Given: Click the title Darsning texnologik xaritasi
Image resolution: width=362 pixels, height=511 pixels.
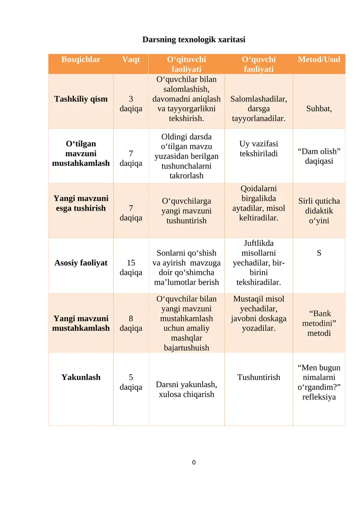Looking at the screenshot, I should pos(194,40).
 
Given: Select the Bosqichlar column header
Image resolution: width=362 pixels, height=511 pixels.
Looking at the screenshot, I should pos(81,59).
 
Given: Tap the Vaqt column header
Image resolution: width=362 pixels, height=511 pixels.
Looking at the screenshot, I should pos(131,59).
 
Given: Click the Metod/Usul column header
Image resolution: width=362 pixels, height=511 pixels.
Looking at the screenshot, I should pos(319,59).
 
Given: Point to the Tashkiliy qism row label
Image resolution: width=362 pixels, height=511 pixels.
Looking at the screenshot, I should pos(81,98).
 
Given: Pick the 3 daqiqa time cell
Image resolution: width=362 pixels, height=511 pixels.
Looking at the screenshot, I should pos(131,103).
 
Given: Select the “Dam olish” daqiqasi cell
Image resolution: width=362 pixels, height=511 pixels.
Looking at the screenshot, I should pos(319,156).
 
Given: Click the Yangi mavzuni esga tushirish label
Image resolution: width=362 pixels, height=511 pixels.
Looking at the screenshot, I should pos(81,203).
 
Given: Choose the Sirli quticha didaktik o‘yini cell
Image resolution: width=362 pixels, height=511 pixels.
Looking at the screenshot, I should pos(319,211).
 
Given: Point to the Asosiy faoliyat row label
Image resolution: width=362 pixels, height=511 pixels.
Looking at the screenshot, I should pos(81,263).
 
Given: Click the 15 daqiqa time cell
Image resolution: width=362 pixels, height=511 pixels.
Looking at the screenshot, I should pos(131,267).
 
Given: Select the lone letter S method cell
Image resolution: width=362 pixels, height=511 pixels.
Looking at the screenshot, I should pos(319,253).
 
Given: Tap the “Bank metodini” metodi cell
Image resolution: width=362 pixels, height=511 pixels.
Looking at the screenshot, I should pos(319,323).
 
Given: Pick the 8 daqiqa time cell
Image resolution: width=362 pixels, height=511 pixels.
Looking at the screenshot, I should pos(131,323).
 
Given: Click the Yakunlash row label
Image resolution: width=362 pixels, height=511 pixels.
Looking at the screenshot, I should pos(81,377).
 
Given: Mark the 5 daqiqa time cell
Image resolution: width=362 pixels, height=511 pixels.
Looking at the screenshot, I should pos(131,382).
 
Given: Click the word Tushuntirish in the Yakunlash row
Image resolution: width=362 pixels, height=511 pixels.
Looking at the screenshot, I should pos(259,377).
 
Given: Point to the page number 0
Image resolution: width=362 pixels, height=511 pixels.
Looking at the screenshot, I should pos(194,462).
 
